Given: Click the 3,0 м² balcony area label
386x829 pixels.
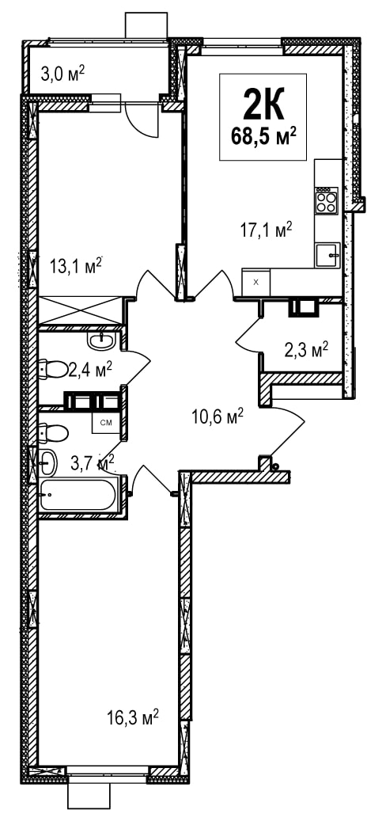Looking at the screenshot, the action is click(62, 74).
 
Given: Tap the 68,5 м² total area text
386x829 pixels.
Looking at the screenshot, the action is click(263, 135).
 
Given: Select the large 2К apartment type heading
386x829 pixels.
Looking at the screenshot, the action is click(263, 105).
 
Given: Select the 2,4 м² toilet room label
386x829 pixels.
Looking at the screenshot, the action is click(89, 369).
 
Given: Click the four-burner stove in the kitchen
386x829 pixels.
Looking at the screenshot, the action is click(327, 201).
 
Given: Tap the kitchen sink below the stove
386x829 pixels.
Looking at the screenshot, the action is click(327, 255).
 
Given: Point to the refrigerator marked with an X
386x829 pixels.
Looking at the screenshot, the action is click(256, 283).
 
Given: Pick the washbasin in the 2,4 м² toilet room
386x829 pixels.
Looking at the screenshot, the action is click(101, 341).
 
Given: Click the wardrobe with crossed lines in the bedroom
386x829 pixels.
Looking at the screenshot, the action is click(80, 310).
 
